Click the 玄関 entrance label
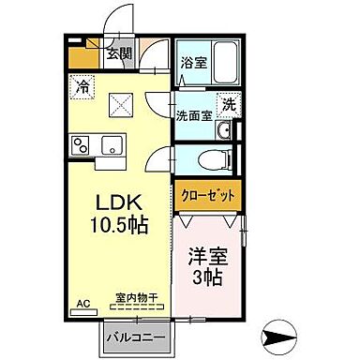pos(118,52)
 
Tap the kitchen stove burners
pos(81,145)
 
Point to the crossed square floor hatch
pos(120,104)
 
